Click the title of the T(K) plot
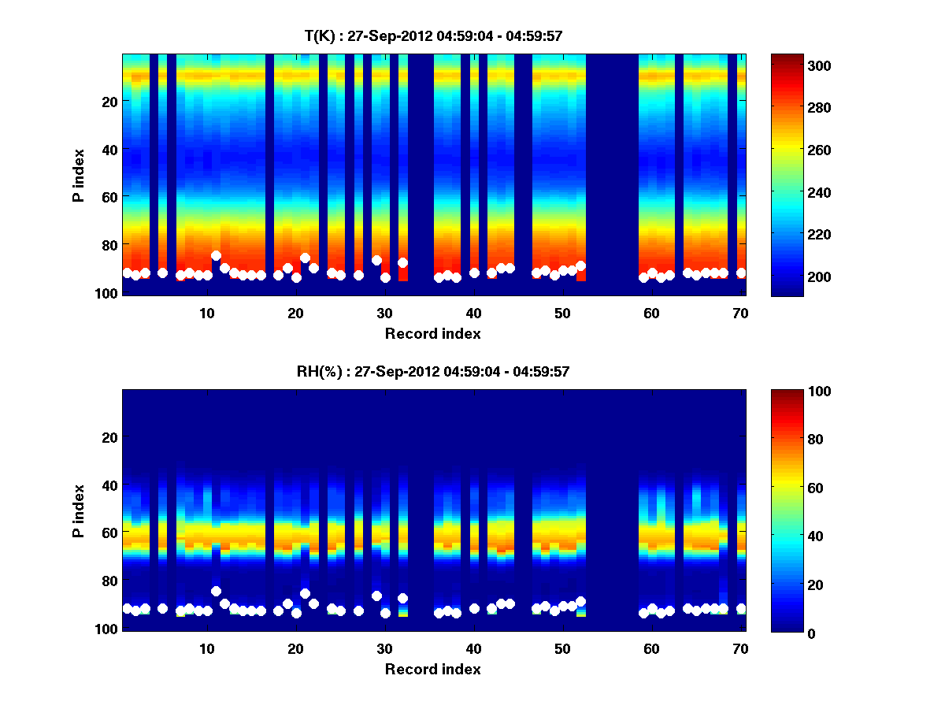(x=433, y=35)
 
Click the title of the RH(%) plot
(x=433, y=372)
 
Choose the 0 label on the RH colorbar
(x=810, y=633)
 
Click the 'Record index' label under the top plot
(x=433, y=333)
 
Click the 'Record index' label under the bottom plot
(x=433, y=669)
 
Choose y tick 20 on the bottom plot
(x=109, y=437)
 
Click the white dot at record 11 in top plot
(x=216, y=256)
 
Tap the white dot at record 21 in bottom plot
(x=305, y=593)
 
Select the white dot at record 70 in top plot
(x=741, y=273)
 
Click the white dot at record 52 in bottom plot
(x=580, y=602)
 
